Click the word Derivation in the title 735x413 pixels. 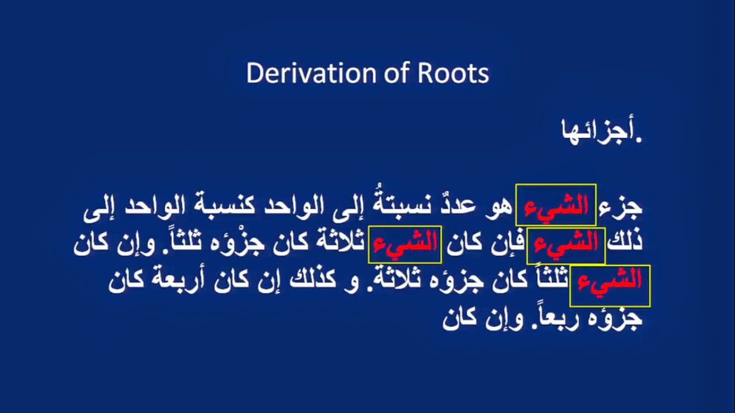click(x=311, y=73)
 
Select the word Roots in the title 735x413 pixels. click(x=453, y=74)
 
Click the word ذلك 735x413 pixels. click(x=624, y=241)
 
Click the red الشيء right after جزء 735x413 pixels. click(x=556, y=205)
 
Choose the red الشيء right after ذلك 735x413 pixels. click(x=566, y=245)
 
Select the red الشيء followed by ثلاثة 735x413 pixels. click(x=405, y=245)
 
